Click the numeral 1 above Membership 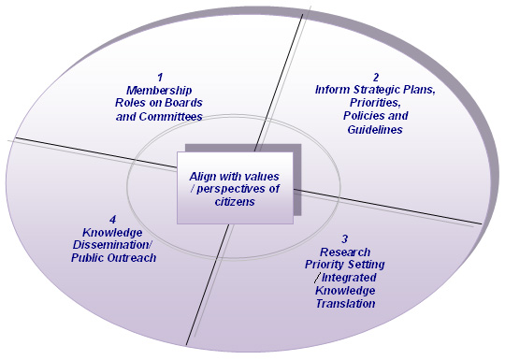click(x=159, y=77)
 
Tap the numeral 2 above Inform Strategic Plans click(x=374, y=77)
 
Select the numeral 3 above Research click(x=344, y=239)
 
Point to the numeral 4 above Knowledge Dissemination click(x=112, y=219)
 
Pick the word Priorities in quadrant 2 click(x=374, y=103)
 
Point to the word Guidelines click(x=373, y=130)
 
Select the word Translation click(x=346, y=304)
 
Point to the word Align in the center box click(x=205, y=176)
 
